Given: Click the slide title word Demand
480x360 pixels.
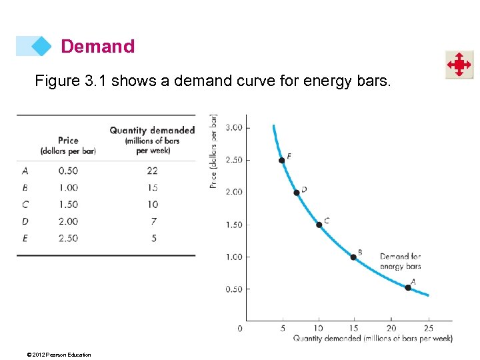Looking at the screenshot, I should pos(97,47).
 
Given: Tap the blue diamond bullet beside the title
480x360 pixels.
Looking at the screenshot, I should pos(42,46).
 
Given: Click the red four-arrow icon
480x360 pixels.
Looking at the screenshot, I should pos(459,65).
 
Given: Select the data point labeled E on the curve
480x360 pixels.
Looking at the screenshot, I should pos(281,160).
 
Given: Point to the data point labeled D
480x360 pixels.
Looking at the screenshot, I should pos(297,193).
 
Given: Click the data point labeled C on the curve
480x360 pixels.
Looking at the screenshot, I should pos(319,225).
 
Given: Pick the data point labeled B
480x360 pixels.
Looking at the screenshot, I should pos(353,257).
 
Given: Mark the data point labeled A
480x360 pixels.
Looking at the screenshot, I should pos(408,287).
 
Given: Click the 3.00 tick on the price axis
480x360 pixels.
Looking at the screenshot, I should pos(234,127).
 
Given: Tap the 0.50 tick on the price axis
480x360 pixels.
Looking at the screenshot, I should pos(234,289).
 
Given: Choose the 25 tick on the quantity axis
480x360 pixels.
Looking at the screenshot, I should pos(428,328).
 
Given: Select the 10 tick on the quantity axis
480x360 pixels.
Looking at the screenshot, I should pos(319,328).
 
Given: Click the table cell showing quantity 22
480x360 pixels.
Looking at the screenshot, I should pos(153,171).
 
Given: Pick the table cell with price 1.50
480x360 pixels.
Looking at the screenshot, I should pos(68,205).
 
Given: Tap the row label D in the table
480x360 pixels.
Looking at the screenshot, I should pos(25,221).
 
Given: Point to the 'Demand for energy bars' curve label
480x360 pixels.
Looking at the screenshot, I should pos(400,261).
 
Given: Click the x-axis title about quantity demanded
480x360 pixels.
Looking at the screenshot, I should pos(373,339).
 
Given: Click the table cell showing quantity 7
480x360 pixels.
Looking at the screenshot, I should pos(154,221).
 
